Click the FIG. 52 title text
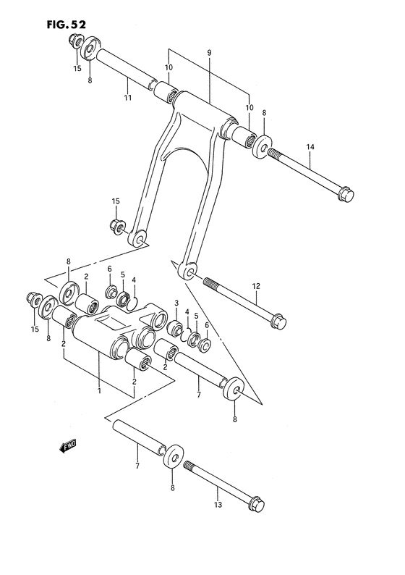click(67, 25)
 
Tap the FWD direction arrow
click(68, 446)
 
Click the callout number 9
click(209, 53)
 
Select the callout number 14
click(310, 147)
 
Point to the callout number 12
click(256, 285)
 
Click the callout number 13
click(218, 505)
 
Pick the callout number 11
click(127, 98)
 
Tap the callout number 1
click(99, 391)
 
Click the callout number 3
click(176, 303)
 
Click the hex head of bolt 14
click(346, 194)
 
